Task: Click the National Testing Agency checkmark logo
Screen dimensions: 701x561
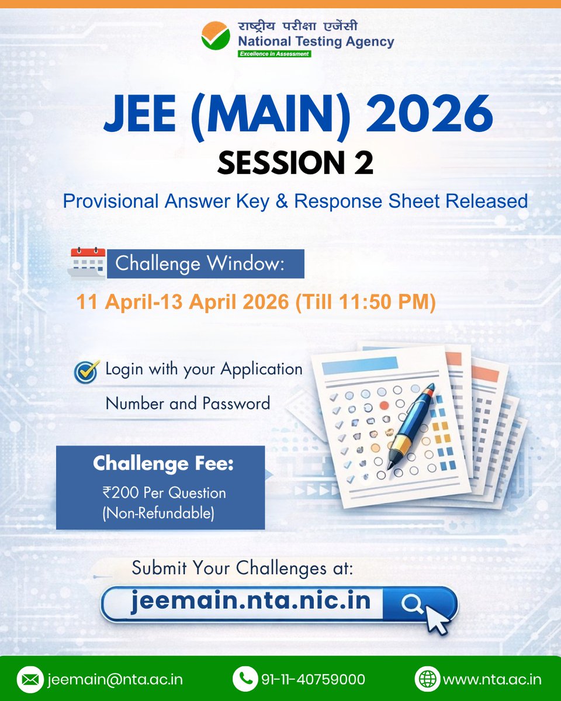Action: (215, 36)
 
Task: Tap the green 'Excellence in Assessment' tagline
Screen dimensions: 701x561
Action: (273, 54)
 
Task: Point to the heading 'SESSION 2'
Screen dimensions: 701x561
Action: (295, 163)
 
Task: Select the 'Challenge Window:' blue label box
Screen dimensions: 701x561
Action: (205, 263)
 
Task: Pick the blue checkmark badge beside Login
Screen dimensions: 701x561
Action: (86, 372)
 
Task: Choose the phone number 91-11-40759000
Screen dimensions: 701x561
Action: (314, 679)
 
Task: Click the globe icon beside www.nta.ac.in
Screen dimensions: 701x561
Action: (427, 679)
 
